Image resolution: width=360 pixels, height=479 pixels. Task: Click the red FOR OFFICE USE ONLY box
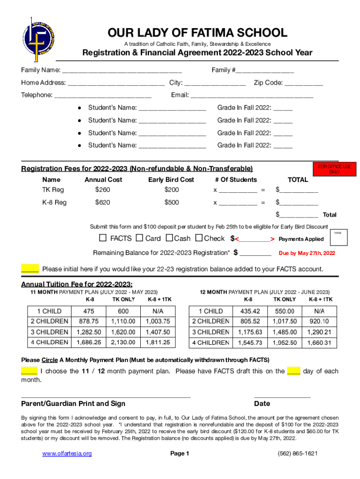coord(334,169)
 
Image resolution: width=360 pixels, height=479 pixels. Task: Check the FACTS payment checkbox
coord(103,238)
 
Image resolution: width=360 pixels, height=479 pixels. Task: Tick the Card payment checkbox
coord(139,238)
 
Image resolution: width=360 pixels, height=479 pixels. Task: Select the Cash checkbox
coord(169,238)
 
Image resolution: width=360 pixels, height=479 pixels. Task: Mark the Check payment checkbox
coord(199,238)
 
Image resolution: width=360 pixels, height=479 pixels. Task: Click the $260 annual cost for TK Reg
coord(103,190)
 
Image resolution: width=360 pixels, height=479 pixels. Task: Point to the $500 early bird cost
coord(171,203)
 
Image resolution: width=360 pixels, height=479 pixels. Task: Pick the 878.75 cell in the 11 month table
coord(89,321)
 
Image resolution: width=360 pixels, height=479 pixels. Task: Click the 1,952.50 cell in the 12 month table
coord(285,343)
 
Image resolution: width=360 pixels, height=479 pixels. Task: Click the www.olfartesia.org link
coord(67,454)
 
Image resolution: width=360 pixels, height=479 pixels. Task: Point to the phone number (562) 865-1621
coord(297,454)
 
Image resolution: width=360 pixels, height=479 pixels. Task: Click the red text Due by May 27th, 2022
coord(307,253)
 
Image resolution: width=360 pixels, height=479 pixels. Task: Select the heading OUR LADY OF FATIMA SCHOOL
coord(197,33)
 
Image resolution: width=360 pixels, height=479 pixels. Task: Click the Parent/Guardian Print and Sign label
coord(73,404)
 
